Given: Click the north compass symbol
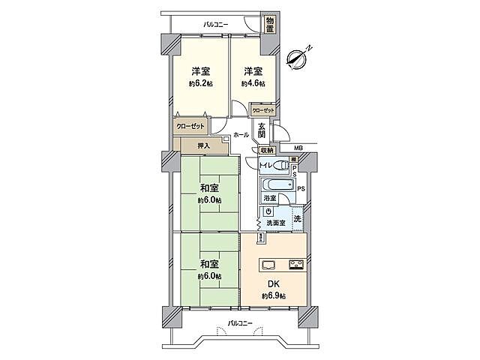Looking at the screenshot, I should [297, 57].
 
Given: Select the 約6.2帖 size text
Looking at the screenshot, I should [199, 84].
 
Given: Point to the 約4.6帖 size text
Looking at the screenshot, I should [253, 84].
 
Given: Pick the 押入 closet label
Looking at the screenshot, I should [203, 145].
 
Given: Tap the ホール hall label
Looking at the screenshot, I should [241, 135].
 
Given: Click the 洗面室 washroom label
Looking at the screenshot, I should [273, 223].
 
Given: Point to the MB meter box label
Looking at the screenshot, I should [298, 149].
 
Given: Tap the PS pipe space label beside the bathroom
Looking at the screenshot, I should [300, 187].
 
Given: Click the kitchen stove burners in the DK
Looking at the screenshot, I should [296, 264].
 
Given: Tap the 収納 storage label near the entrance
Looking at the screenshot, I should [268, 150].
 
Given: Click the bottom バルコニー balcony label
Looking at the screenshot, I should [240, 323].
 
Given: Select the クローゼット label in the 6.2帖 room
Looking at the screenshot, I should [190, 126].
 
